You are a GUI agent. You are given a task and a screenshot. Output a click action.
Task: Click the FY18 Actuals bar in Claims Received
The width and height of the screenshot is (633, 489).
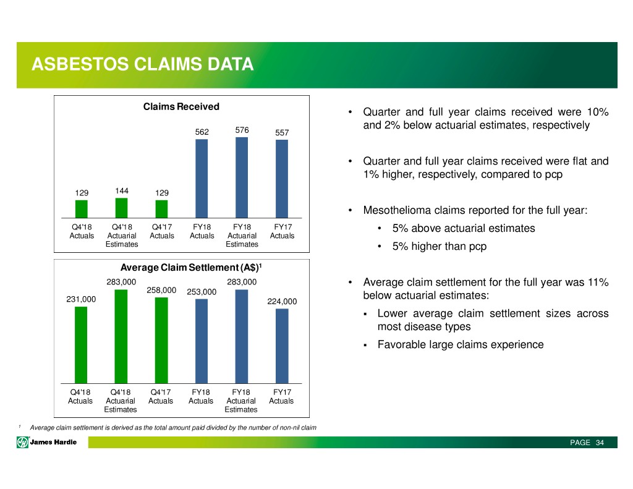(x=202, y=179)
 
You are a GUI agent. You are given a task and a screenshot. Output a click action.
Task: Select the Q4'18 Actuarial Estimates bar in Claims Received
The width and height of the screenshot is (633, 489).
(x=122, y=208)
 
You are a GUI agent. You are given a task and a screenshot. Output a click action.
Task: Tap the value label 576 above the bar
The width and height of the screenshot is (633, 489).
(x=242, y=130)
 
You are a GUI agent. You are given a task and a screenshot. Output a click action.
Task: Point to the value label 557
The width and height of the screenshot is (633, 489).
(x=282, y=132)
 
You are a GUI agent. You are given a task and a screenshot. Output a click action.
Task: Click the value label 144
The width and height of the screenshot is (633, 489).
(x=122, y=190)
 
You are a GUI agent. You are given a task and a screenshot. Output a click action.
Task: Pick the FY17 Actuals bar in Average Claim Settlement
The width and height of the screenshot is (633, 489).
(x=282, y=346)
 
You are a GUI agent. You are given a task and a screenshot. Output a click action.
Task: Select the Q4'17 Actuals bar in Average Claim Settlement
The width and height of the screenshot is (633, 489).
(x=161, y=341)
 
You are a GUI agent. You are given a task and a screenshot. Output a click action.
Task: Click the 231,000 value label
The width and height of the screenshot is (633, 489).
(x=81, y=299)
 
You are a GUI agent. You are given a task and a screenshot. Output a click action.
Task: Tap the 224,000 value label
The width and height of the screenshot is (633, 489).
(x=282, y=301)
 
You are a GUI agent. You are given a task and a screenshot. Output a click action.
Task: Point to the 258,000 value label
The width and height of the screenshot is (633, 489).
(x=161, y=290)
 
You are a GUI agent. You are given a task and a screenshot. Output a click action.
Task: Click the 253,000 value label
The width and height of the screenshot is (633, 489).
(x=202, y=292)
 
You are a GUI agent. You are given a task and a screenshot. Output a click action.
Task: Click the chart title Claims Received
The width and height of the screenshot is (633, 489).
(x=181, y=106)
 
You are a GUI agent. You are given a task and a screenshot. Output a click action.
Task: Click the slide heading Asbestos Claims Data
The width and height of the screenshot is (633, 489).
(x=143, y=64)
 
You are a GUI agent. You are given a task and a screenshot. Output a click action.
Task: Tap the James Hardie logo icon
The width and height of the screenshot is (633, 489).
(x=22, y=443)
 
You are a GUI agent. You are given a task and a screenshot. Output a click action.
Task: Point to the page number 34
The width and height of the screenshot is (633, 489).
(x=600, y=443)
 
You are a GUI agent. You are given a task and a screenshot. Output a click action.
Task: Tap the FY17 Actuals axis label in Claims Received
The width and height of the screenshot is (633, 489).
(x=282, y=231)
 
